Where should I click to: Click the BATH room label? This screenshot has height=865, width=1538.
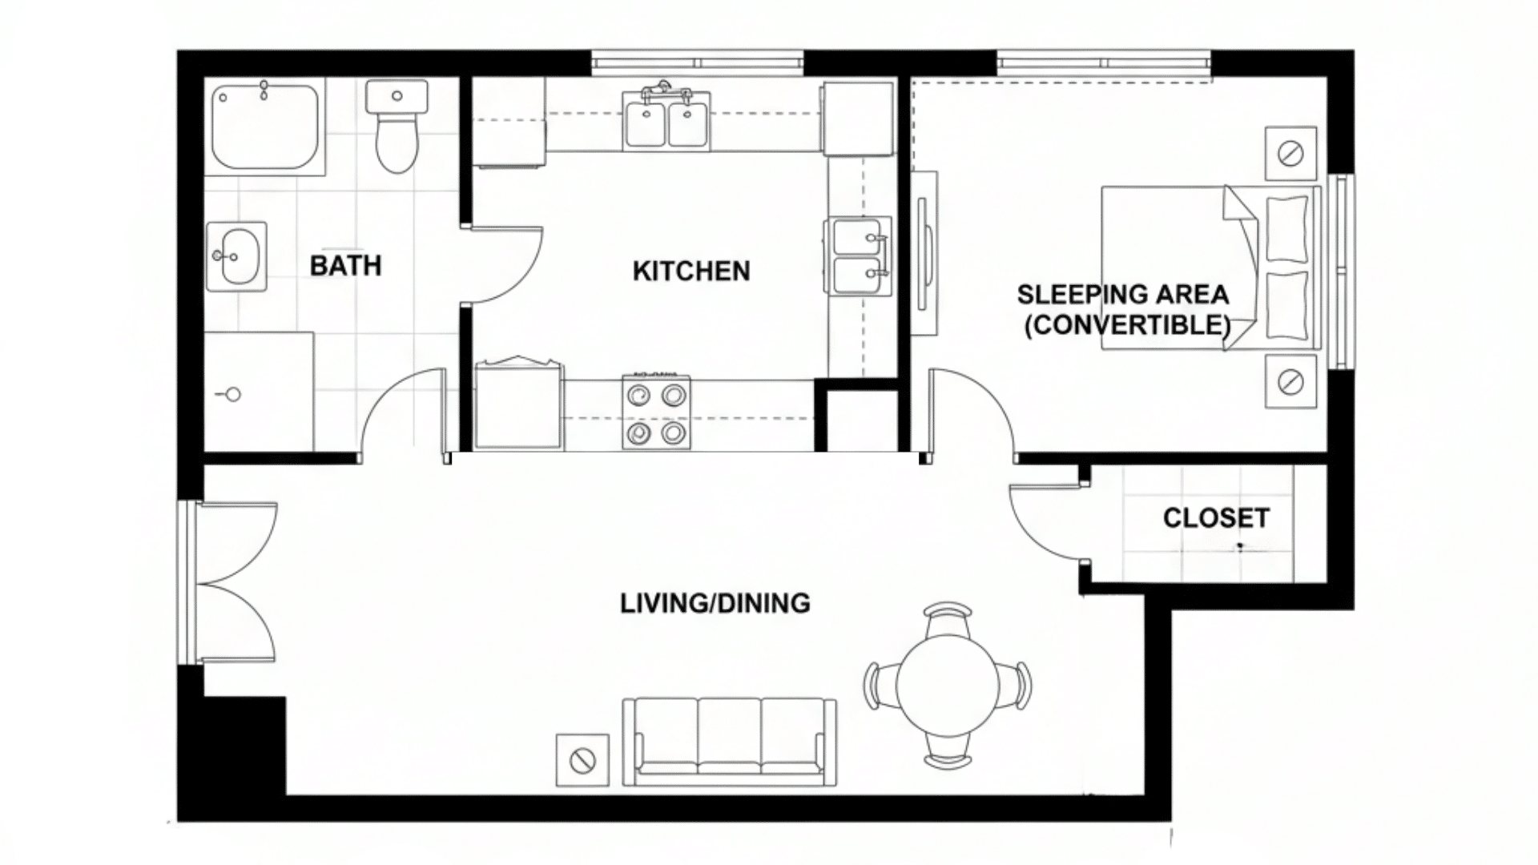(x=345, y=266)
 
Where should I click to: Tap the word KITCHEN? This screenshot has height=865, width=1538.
(x=691, y=272)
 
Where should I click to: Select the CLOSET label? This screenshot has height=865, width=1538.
(x=1216, y=518)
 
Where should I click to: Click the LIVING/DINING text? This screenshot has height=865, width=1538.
(x=715, y=603)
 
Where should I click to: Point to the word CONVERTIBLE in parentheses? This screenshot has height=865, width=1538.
(x=1127, y=325)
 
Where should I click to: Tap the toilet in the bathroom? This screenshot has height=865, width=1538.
(x=397, y=128)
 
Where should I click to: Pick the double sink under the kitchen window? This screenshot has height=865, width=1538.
(x=666, y=120)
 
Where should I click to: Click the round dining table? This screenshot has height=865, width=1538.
(x=948, y=685)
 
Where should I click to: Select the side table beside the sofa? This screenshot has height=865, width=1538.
(x=582, y=759)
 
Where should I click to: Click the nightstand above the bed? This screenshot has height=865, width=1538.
(x=1290, y=153)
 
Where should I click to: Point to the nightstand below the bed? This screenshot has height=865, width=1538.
(x=1290, y=382)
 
